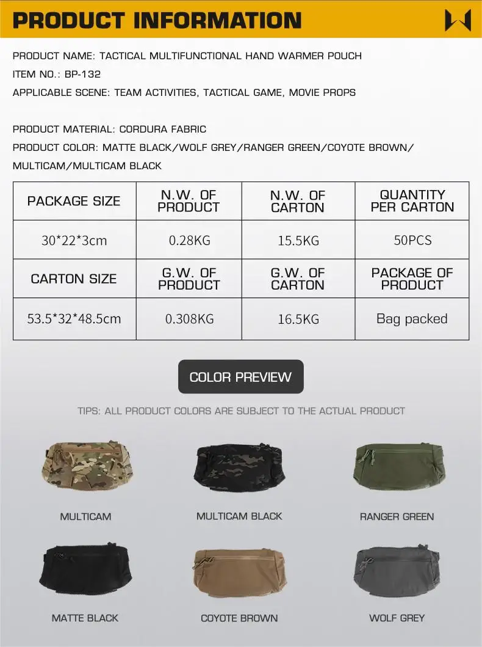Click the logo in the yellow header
[458, 20]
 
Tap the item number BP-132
[82, 74]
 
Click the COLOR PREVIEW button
[240, 377]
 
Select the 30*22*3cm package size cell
[74, 240]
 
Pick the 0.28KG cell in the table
[189, 240]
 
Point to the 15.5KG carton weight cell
[298, 240]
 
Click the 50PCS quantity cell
[412, 240]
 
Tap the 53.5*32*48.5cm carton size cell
[74, 318]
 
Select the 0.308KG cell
[189, 318]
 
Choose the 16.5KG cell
[298, 318]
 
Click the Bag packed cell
[412, 318]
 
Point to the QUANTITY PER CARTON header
[412, 201]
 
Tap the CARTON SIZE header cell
[74, 279]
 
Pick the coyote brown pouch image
[240, 571]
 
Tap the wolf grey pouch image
[397, 571]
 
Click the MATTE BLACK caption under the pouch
[85, 618]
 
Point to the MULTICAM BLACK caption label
[239, 516]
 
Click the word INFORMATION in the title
[217, 20]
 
